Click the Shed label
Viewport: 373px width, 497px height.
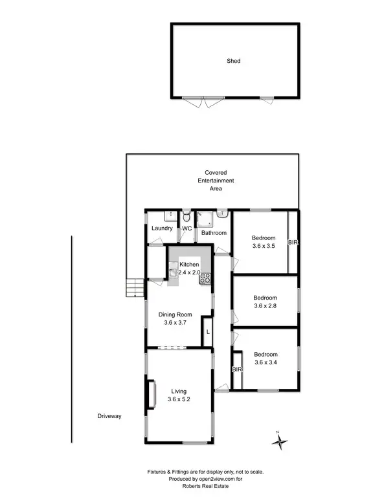click(234, 61)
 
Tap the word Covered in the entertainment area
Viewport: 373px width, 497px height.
click(216, 173)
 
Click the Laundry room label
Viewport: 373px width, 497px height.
click(161, 228)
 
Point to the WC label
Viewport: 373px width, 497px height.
click(186, 228)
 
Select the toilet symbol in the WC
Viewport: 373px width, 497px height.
click(186, 217)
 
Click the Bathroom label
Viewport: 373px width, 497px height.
click(213, 233)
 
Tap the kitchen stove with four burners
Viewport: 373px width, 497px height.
click(205, 279)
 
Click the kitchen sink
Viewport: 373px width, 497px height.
click(173, 273)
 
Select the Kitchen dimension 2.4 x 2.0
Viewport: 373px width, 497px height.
click(190, 273)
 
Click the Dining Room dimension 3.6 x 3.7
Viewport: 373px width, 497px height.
click(177, 322)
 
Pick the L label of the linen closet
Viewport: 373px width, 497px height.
click(207, 331)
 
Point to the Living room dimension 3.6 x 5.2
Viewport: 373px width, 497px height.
click(179, 399)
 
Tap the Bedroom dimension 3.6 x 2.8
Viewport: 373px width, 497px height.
click(266, 306)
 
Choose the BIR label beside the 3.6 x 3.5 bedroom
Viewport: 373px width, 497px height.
click(293, 242)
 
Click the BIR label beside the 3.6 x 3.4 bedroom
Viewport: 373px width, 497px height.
click(236, 370)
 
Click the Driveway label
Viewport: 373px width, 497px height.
click(109, 415)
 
